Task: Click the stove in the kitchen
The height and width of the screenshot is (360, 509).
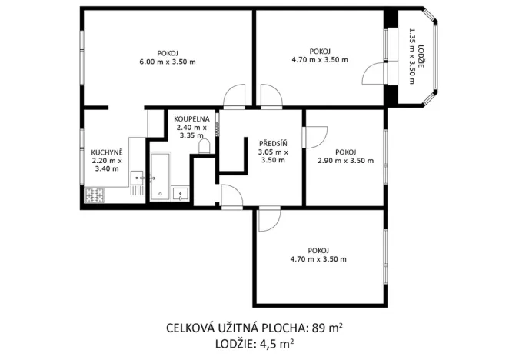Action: pos(95,196)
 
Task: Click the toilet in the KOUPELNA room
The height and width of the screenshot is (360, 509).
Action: pos(205,145)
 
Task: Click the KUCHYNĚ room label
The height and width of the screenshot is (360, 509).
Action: pos(106,152)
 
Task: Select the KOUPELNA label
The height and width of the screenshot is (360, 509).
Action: pos(191,119)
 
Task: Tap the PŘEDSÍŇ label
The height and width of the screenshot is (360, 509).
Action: pos(273,143)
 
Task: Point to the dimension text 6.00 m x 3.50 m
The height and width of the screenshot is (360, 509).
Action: pos(167,62)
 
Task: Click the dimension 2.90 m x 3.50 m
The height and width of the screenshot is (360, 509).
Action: pos(345,161)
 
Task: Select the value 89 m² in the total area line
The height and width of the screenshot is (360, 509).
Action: pos(327,328)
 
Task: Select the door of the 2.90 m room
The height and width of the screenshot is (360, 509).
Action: pos(314,135)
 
